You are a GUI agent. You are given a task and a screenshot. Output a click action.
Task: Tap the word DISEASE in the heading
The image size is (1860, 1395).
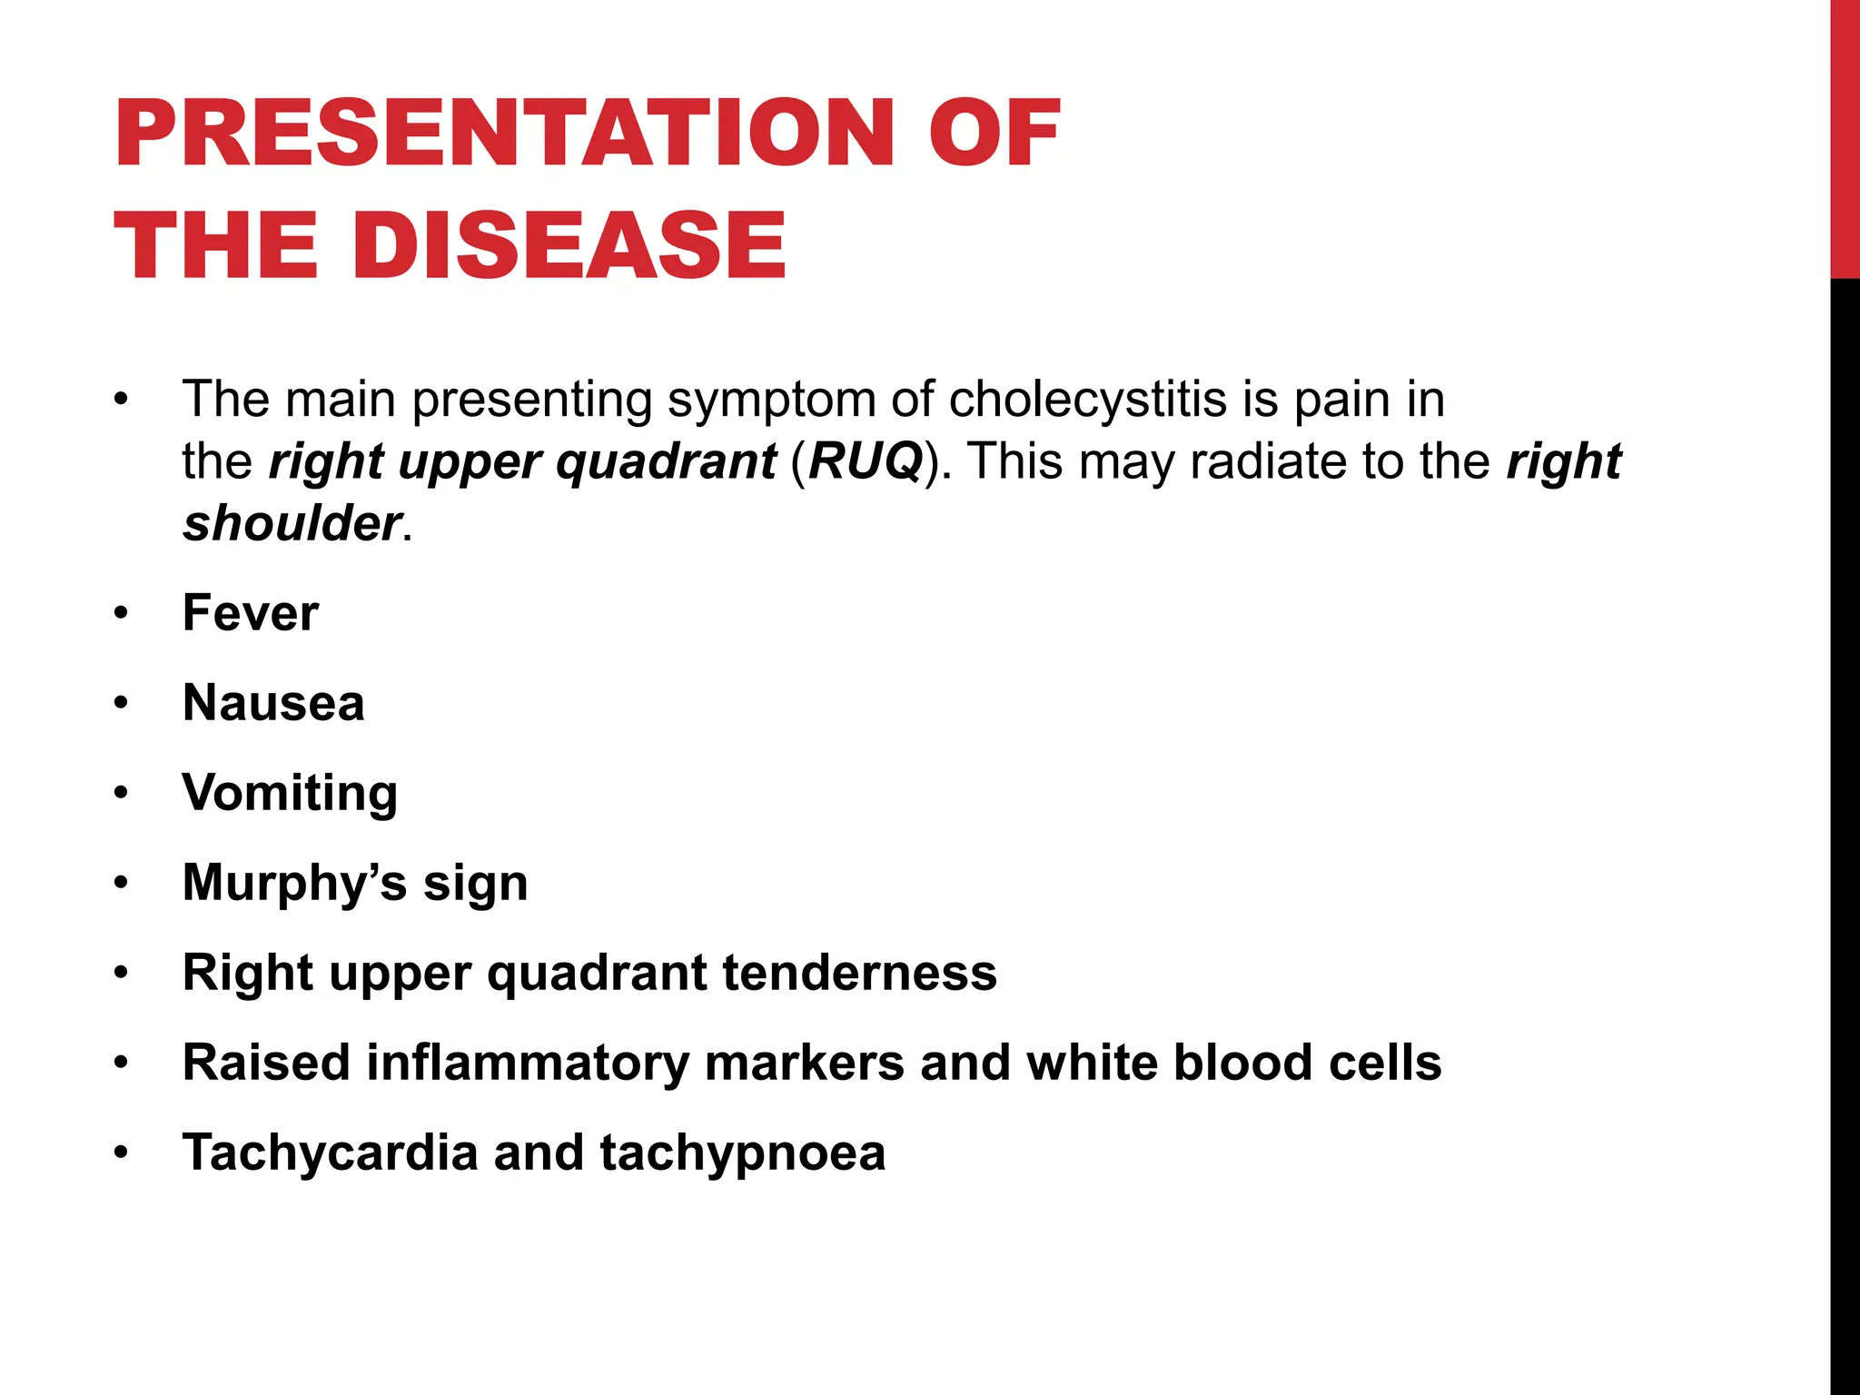[577, 245]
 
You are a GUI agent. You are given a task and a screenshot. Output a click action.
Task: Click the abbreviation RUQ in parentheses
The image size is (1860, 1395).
[865, 461]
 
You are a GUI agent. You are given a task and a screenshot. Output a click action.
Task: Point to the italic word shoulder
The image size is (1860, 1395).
[291, 524]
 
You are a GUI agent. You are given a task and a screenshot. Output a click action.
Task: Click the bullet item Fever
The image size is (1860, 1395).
[251, 613]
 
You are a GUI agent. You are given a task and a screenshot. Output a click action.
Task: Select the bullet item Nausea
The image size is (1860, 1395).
[273, 703]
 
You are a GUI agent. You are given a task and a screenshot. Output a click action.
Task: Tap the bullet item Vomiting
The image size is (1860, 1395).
[290, 793]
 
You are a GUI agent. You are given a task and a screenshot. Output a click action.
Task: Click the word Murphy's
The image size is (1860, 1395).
[294, 883]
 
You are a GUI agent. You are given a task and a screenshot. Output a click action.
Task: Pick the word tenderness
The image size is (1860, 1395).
[859, 973]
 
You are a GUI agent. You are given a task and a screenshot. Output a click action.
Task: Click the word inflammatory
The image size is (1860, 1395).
[527, 1063]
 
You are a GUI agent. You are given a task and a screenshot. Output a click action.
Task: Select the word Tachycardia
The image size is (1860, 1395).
[330, 1153]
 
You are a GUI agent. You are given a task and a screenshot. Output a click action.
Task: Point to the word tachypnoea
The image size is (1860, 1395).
[742, 1153]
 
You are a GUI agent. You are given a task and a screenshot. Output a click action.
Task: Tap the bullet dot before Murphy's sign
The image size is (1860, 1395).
[122, 884]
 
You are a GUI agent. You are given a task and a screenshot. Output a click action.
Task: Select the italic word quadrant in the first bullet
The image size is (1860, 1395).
[666, 461]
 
